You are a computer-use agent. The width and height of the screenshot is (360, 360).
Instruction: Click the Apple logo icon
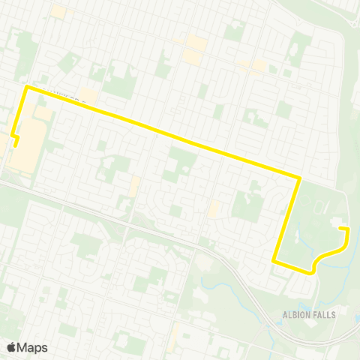click(x=12, y=347)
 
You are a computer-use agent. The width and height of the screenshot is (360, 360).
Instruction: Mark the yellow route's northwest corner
click(x=28, y=87)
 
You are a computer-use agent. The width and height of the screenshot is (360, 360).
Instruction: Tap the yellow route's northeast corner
click(x=299, y=178)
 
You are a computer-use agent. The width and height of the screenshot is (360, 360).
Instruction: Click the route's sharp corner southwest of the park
click(x=274, y=261)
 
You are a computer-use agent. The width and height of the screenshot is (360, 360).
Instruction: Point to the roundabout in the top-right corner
click(x=352, y=23)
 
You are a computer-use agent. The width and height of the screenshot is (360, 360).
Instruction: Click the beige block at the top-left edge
click(x=58, y=12)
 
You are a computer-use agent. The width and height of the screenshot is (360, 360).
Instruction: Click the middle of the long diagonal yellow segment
click(x=163, y=133)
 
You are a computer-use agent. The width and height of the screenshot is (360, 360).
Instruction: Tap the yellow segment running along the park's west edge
click(x=287, y=219)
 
